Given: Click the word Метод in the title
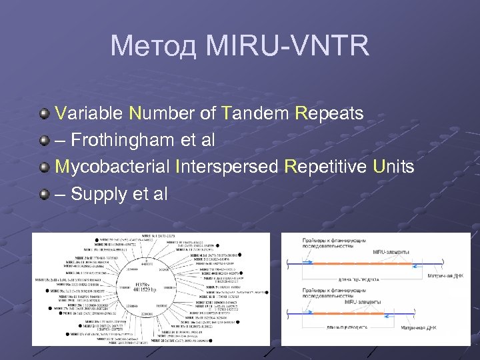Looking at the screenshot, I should click(153, 46).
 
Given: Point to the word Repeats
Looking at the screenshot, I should click(329, 113).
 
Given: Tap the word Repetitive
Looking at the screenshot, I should click(325, 167).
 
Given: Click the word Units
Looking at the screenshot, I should click(393, 167).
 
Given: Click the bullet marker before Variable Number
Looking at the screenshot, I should click(44, 113).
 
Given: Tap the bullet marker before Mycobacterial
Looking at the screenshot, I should click(44, 167).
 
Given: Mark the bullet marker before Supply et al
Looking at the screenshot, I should click(44, 194).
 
